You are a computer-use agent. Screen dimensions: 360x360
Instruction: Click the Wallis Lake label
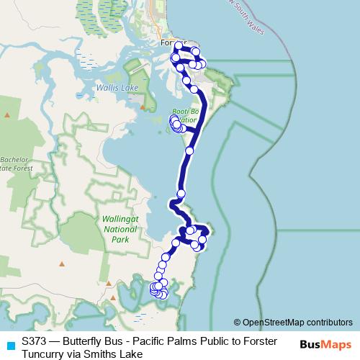[116, 87]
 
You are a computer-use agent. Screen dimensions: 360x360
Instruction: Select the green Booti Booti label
[184, 116]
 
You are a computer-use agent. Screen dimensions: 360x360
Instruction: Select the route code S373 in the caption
[35, 342]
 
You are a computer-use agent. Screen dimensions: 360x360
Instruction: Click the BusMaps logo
[325, 343]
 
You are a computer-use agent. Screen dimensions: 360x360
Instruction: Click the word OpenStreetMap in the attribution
[274, 322]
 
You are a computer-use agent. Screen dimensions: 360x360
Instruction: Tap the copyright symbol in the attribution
[238, 322]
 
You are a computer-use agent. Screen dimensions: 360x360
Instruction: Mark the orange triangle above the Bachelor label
[7, 115]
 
